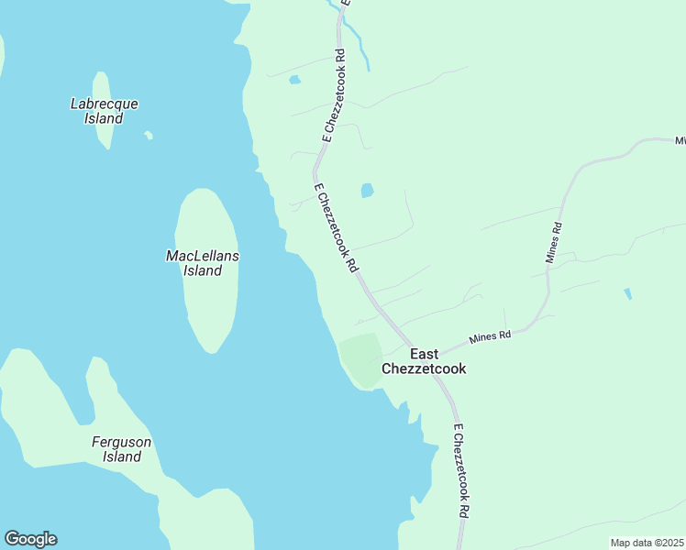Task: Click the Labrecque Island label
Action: click(104, 111)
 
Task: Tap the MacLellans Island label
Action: click(203, 263)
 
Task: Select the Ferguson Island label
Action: click(121, 449)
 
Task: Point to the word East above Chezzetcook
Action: click(425, 354)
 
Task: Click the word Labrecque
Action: click(104, 104)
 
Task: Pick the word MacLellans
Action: click(203, 256)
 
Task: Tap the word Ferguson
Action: click(121, 442)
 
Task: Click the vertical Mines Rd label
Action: click(553, 242)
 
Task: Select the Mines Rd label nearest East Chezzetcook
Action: click(489, 337)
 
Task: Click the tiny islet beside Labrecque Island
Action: click(148, 136)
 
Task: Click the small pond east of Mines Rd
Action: click(627, 293)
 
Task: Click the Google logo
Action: click(30, 539)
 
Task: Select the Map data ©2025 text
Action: click(647, 543)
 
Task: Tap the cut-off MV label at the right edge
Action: click(680, 141)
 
